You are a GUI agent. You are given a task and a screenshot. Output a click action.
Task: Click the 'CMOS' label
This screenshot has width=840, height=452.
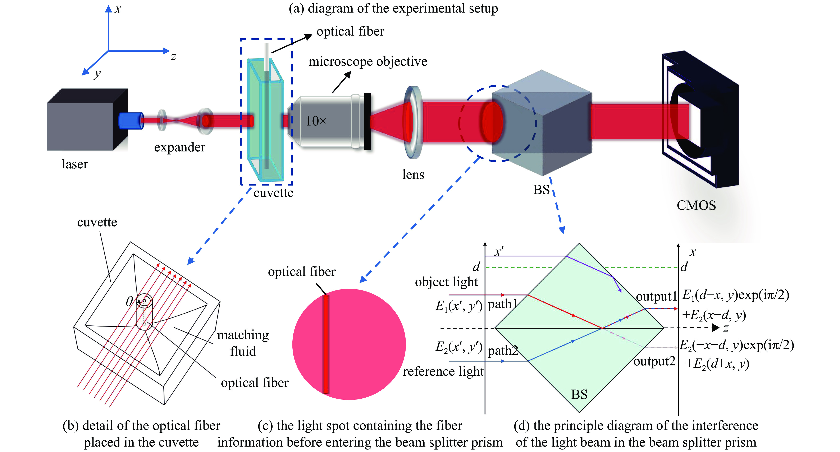pyautogui.click(x=696, y=205)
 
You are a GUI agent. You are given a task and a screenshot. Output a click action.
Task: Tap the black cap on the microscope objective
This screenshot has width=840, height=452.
pyautogui.click(x=367, y=121)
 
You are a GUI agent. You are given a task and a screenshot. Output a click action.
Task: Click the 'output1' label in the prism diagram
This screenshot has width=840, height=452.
pyautogui.click(x=656, y=296)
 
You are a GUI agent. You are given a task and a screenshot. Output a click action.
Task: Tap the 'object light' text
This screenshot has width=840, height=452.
pyautogui.click(x=446, y=282)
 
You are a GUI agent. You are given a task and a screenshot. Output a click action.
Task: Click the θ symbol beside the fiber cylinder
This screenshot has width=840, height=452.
pyautogui.click(x=129, y=301)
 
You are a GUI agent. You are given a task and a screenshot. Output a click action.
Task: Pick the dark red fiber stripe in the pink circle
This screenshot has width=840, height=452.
pyautogui.click(x=326, y=344)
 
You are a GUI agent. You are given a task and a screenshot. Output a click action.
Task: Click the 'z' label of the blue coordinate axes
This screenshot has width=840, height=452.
pyautogui.click(x=173, y=57)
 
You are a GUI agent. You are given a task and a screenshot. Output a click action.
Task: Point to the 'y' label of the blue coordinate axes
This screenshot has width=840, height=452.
pyautogui.click(x=97, y=74)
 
